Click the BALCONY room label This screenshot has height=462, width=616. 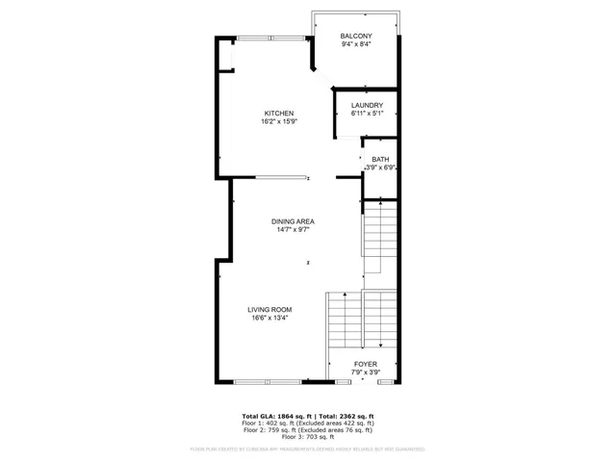356,36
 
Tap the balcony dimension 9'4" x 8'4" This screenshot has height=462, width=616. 356,44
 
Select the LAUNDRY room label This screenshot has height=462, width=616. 367,105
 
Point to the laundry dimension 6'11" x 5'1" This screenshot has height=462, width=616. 367,114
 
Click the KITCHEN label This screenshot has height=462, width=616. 278,113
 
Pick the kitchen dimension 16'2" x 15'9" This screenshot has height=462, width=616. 278,121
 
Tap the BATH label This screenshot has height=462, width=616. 380,159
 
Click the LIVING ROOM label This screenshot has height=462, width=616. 269,309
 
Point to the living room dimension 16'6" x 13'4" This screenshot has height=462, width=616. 269,318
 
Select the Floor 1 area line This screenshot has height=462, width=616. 308,423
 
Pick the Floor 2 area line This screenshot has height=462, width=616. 308,429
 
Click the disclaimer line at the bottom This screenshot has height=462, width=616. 308,448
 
